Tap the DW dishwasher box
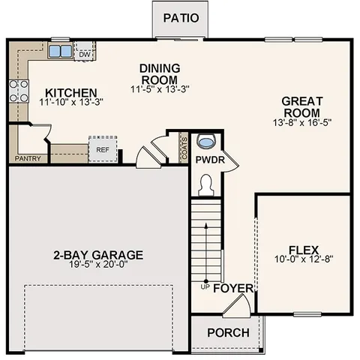[85, 53]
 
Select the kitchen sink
[60, 52]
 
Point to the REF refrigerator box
[103, 148]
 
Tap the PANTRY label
[28, 159]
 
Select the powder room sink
[205, 142]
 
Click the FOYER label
[233, 288]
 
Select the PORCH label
[227, 332]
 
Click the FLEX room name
[304, 250]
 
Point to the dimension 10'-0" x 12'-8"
[304, 260]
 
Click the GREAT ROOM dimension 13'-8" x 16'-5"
[302, 121]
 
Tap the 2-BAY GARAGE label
[98, 254]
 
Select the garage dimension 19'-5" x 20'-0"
[98, 265]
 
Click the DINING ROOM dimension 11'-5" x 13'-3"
[159, 89]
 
